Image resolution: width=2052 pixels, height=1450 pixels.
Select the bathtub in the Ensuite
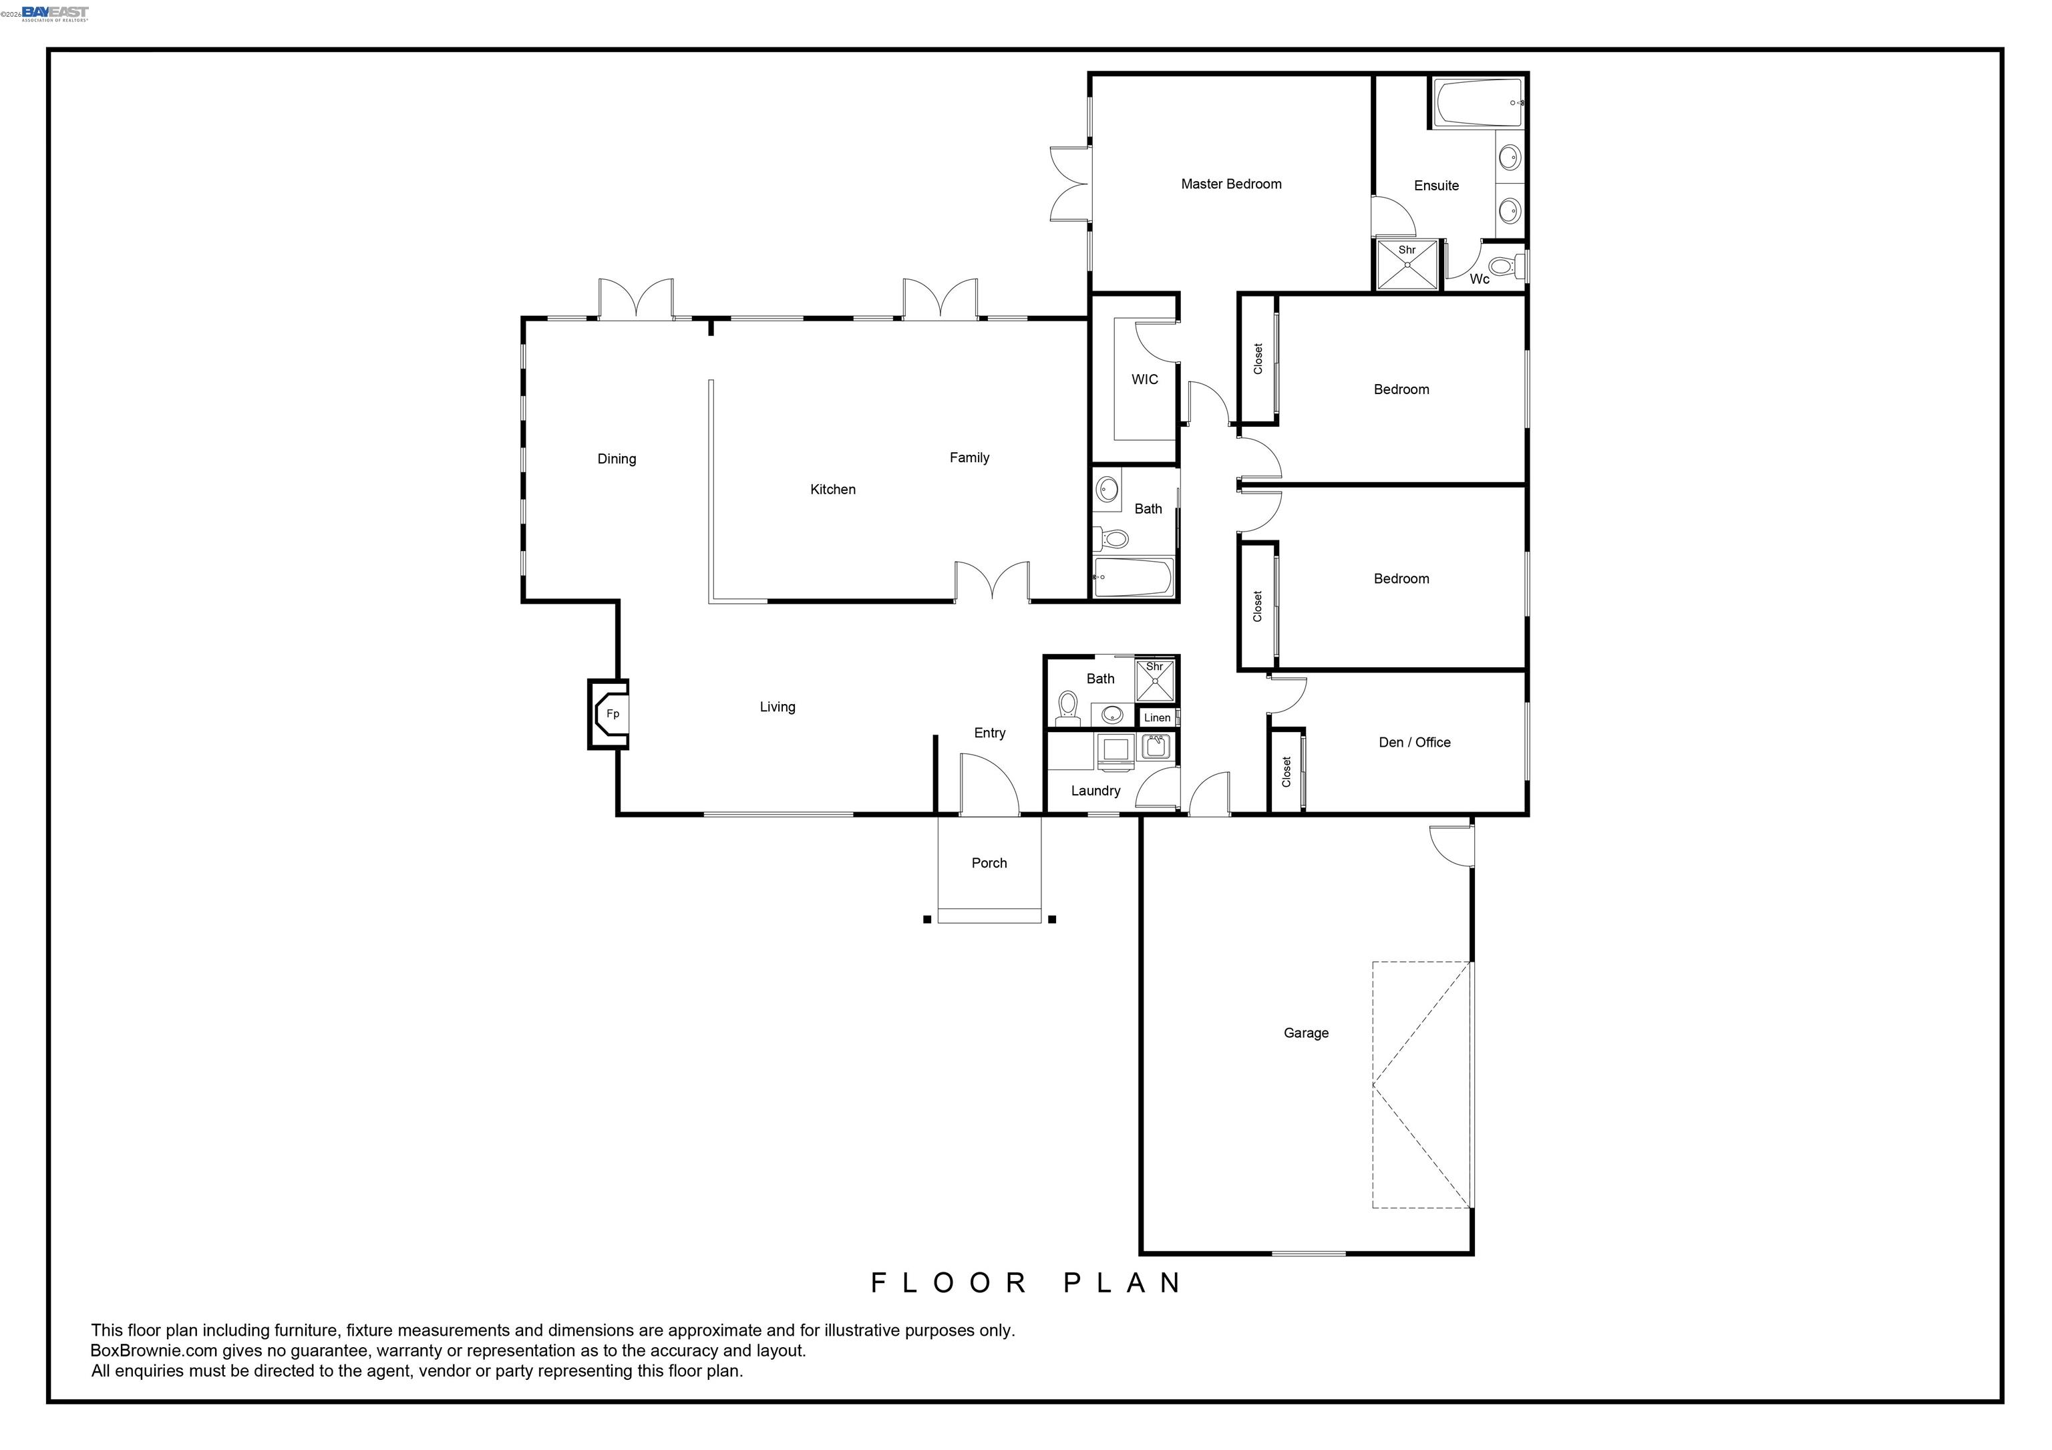click(x=1478, y=104)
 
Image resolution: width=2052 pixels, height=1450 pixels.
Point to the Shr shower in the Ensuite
click(x=1407, y=265)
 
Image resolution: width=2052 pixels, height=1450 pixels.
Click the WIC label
click(x=1144, y=379)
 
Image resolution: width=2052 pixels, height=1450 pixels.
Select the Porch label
click(x=989, y=863)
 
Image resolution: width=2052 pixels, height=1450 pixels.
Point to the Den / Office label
click(x=1414, y=743)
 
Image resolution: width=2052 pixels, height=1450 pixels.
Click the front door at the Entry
click(x=989, y=786)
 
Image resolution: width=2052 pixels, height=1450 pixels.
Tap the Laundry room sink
click(x=1156, y=747)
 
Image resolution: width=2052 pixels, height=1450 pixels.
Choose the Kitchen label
click(x=832, y=490)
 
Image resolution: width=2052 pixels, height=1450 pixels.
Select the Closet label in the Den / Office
click(x=1286, y=772)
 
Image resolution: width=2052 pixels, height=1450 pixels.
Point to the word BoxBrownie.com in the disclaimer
click(x=154, y=1351)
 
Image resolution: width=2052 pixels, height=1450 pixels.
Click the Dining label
click(x=617, y=460)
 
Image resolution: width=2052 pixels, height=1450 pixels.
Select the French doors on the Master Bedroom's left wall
click(x=1070, y=184)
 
